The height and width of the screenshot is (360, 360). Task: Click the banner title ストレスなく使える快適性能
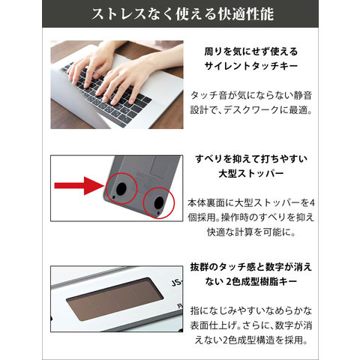(x=182, y=13)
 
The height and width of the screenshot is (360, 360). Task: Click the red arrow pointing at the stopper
(x=79, y=185)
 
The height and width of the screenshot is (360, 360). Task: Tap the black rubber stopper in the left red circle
(x=121, y=188)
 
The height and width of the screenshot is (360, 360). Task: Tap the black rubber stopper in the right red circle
(x=159, y=202)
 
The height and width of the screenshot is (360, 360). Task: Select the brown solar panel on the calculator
(x=115, y=299)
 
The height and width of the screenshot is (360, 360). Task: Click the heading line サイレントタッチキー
(x=251, y=66)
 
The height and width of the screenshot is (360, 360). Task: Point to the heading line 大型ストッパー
(x=251, y=173)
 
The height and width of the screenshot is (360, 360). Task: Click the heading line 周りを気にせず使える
(x=251, y=52)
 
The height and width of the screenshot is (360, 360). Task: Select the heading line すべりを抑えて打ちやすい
(x=251, y=159)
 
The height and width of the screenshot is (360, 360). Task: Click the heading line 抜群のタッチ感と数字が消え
(x=251, y=267)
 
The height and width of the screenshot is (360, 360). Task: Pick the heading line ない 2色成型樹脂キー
(x=251, y=282)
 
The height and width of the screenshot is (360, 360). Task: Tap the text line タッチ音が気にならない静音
(x=251, y=95)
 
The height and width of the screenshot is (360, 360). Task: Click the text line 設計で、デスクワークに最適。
(x=251, y=110)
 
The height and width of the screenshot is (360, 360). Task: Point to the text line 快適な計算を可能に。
(x=251, y=232)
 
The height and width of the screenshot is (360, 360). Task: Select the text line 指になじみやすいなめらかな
(x=251, y=310)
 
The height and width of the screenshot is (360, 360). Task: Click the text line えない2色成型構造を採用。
(x=251, y=340)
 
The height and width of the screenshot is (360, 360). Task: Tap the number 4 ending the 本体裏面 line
(x=311, y=203)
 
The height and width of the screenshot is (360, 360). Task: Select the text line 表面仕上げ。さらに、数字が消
(x=251, y=325)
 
